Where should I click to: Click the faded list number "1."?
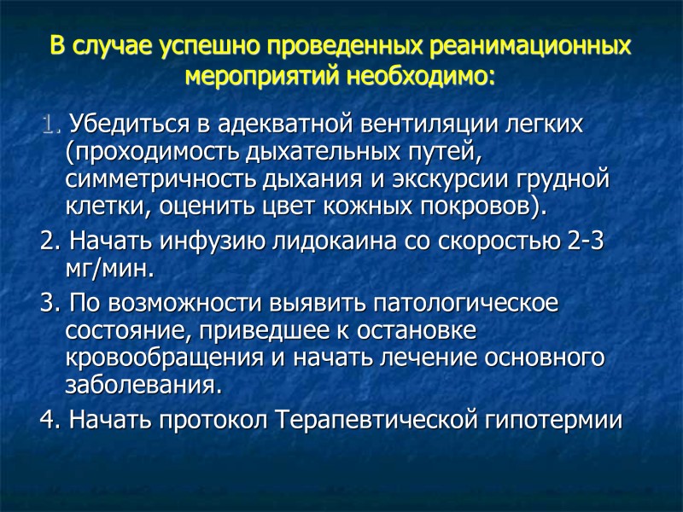(50, 125)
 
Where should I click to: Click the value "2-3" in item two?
(585, 241)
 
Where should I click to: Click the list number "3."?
(50, 303)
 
